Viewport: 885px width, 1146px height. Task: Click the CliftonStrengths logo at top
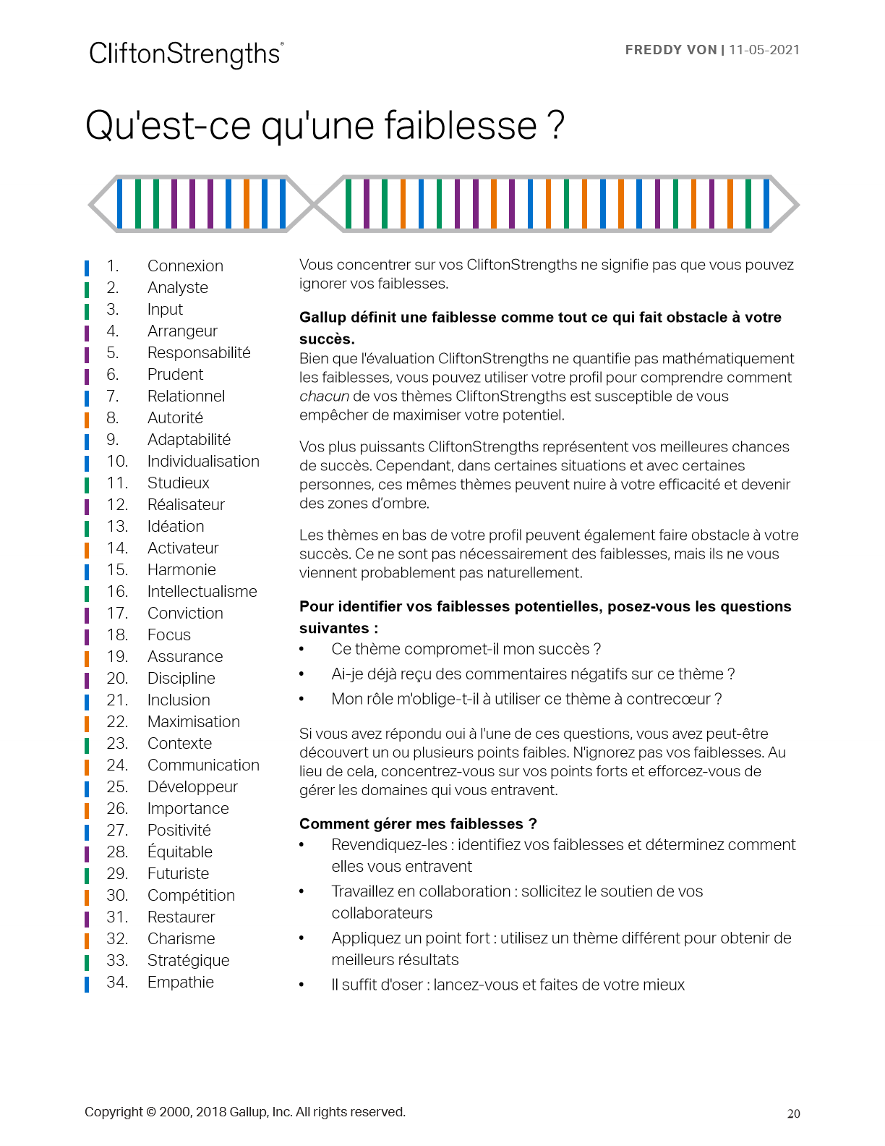tap(186, 54)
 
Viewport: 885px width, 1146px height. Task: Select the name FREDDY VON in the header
tap(670, 50)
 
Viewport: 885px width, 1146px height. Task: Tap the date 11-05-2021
tap(764, 50)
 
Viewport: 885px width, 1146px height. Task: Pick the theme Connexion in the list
tap(185, 266)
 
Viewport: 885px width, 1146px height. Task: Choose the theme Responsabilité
tap(199, 352)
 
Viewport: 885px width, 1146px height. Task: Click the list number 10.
tap(117, 461)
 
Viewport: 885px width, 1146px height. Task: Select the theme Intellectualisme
tap(202, 591)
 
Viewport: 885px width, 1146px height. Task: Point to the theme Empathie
tap(181, 982)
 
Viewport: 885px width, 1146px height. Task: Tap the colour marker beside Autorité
tap(87, 418)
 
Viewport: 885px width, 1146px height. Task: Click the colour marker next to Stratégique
tap(87, 961)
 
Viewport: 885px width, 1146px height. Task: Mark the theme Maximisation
tap(193, 721)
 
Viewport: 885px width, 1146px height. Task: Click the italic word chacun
tap(324, 396)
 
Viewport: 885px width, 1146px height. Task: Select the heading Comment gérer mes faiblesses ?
tap(418, 823)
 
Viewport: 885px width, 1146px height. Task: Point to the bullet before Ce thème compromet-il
tap(302, 650)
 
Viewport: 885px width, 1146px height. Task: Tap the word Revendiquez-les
tap(388, 844)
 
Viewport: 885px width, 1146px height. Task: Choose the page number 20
tap(793, 1113)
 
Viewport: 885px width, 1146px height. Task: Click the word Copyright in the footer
tap(114, 1112)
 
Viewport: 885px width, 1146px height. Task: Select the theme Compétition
tap(191, 895)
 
